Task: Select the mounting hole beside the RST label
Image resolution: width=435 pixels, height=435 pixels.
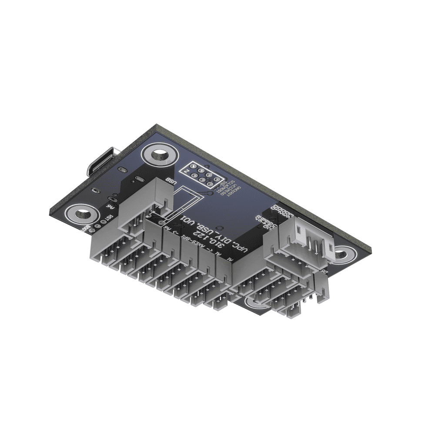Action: click(81, 214)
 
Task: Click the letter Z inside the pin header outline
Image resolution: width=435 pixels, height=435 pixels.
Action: click(187, 172)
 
